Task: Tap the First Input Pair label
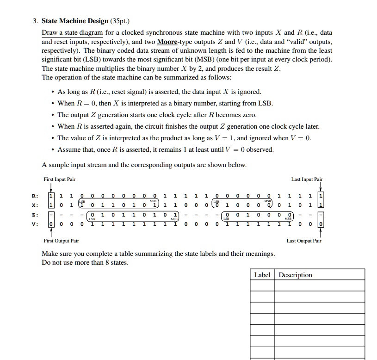tap(59, 180)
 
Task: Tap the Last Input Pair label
tap(307, 180)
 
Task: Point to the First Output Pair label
tap(61, 241)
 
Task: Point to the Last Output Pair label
tap(304, 241)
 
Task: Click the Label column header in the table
tap(262, 275)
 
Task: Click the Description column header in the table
tap(296, 275)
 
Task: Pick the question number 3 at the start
tap(34, 21)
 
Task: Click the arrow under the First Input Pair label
tap(49, 187)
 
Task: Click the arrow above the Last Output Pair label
tap(320, 233)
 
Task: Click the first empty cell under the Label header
tap(263, 286)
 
